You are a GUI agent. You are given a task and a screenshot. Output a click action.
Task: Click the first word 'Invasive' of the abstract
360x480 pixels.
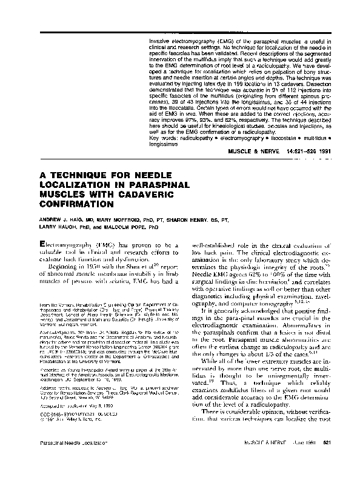tap(159, 39)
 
